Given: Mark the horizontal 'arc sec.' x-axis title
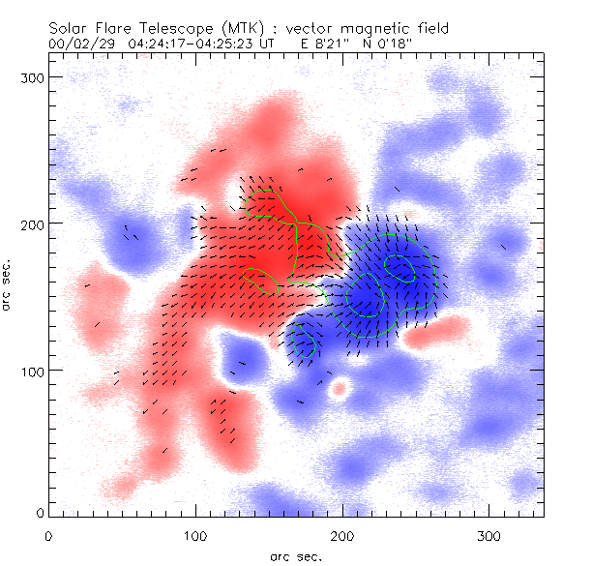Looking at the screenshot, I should pos(296,555).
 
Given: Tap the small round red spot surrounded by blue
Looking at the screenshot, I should pos(340,389).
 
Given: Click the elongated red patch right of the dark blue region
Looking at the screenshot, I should pos(431,335).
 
